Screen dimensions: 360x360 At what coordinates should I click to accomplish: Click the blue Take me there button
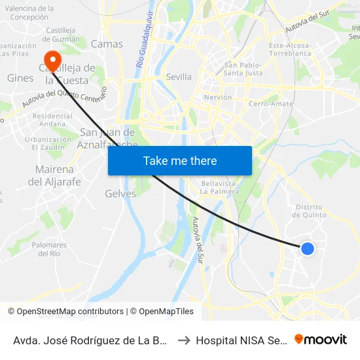pos(180,160)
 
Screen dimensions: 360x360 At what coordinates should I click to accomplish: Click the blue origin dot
pos(307,248)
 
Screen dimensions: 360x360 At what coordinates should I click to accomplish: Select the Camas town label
pos(107,44)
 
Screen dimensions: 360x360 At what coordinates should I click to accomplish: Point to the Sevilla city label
pos(179,77)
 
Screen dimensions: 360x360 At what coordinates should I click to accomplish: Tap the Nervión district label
pos(218,97)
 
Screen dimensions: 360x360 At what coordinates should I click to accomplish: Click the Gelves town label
pos(120,194)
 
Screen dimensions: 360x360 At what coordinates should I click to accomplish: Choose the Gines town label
pos(20,78)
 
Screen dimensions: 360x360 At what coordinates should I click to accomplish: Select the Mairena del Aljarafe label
pos(54,175)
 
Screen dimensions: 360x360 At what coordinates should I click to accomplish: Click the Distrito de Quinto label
pos(310,211)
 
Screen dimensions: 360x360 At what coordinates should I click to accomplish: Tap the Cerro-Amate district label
pos(270,104)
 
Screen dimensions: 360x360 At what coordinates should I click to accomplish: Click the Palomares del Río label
pos(49,249)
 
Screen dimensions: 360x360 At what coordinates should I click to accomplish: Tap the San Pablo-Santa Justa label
pos(243,69)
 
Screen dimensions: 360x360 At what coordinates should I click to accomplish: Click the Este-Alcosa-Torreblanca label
pos(289,50)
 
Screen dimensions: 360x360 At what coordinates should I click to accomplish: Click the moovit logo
pos(321,340)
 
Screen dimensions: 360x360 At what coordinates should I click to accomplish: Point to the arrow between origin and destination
pos(184,340)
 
